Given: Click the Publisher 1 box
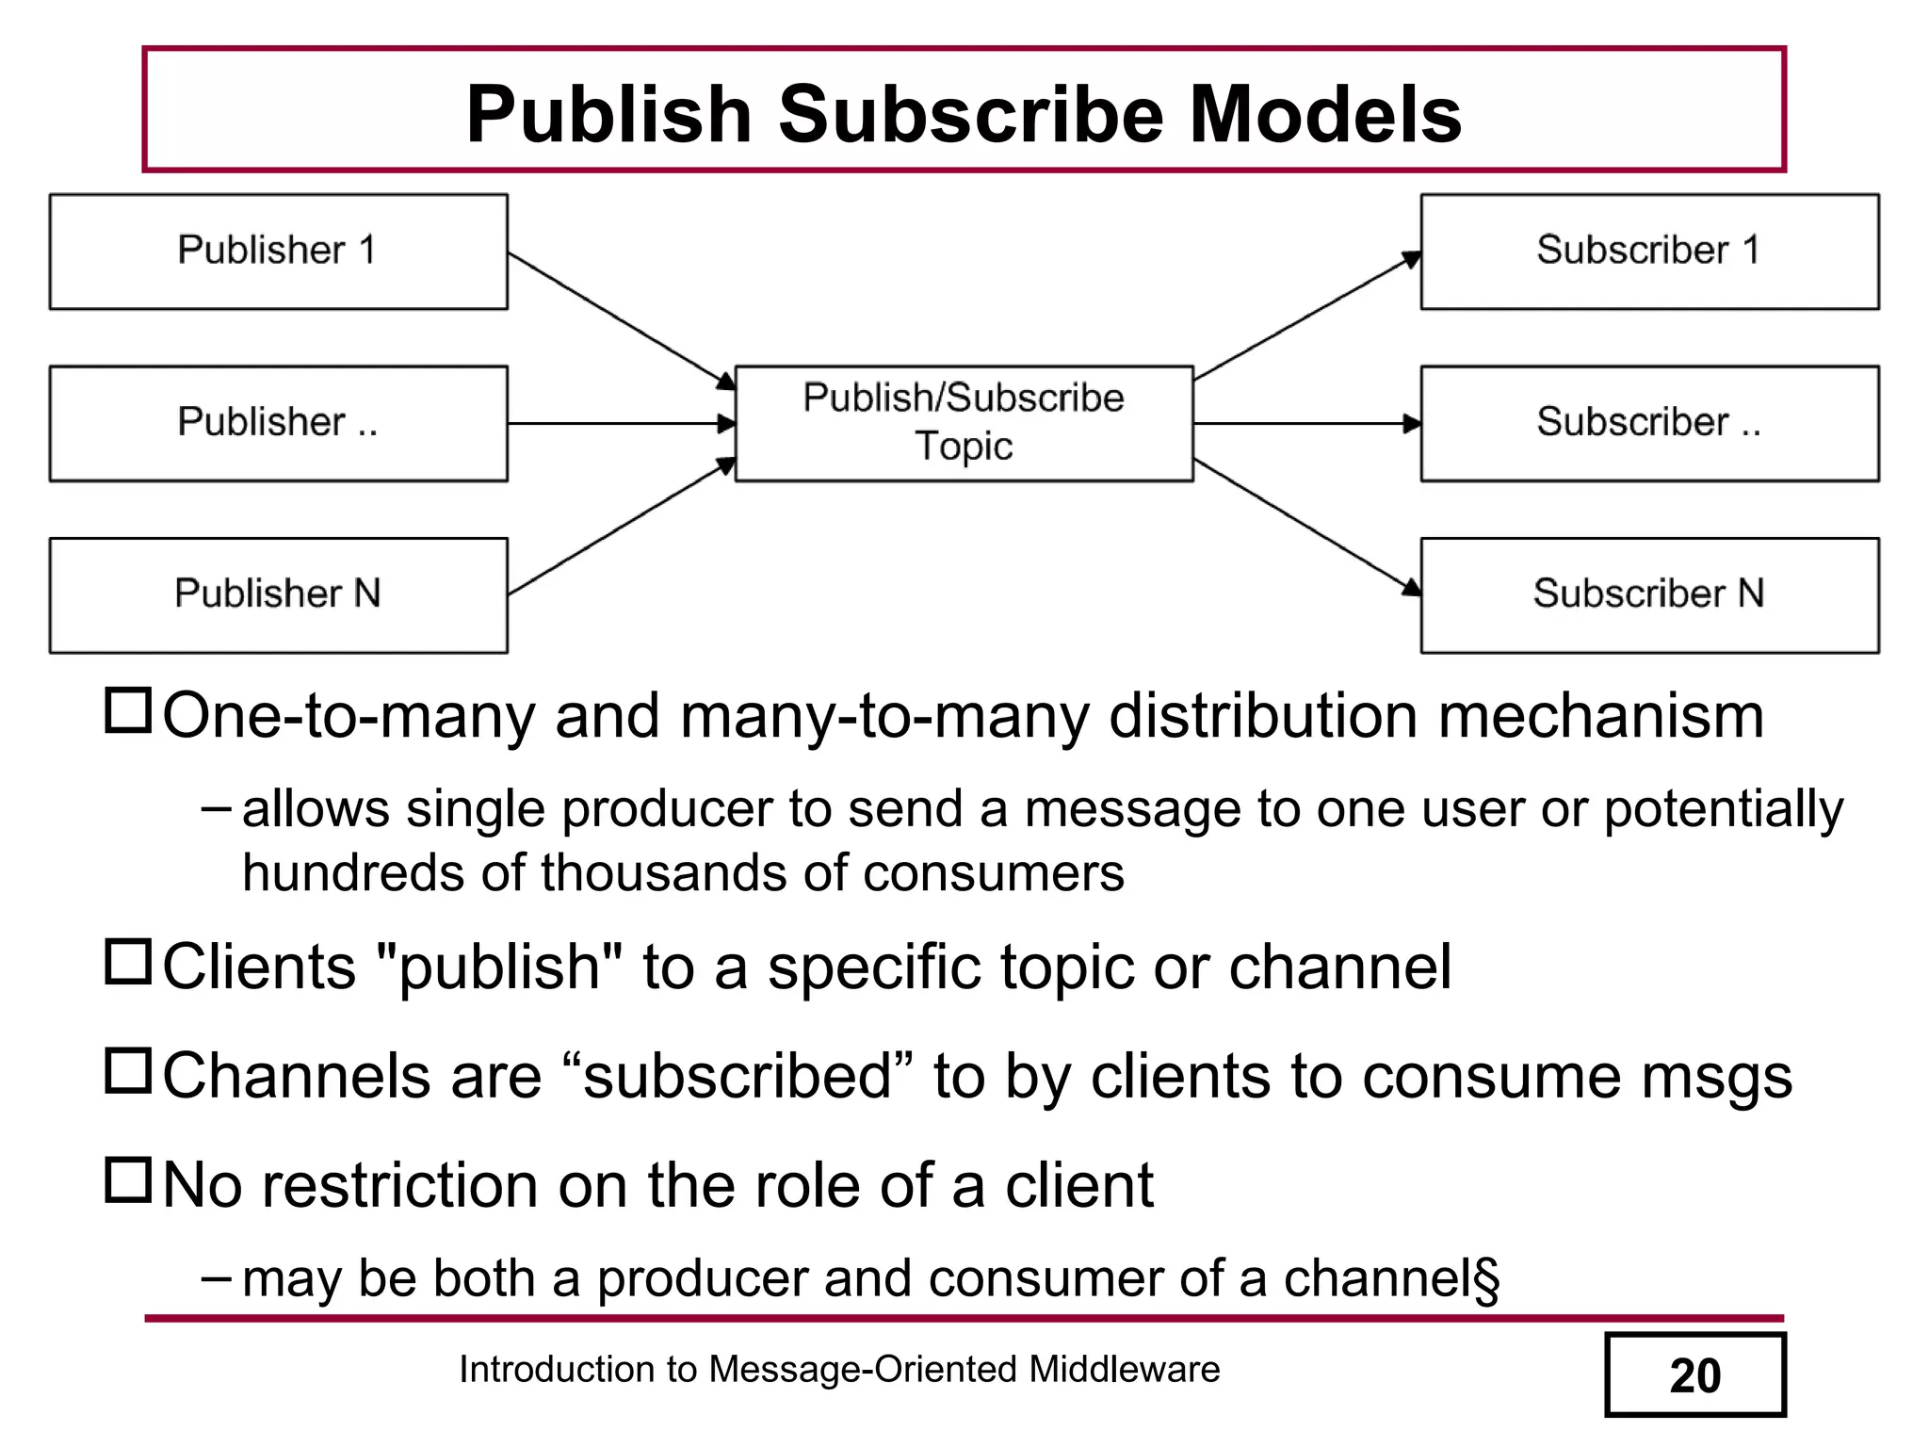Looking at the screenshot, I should [278, 252].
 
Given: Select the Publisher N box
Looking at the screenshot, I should [278, 595].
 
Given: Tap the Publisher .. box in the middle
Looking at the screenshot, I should [278, 423].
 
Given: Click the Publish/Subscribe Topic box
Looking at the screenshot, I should [964, 423].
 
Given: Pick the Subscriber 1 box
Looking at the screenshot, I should [1649, 252].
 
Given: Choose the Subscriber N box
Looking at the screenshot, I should [1649, 595].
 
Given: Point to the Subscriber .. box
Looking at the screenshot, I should [1649, 423].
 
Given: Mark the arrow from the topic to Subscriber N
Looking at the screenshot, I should [1306, 527].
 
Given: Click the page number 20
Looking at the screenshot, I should [1694, 1375].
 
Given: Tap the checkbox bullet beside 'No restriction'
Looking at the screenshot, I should [127, 1180].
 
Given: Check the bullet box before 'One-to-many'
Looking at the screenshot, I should [127, 711].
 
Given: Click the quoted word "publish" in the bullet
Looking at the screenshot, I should [499, 967].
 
